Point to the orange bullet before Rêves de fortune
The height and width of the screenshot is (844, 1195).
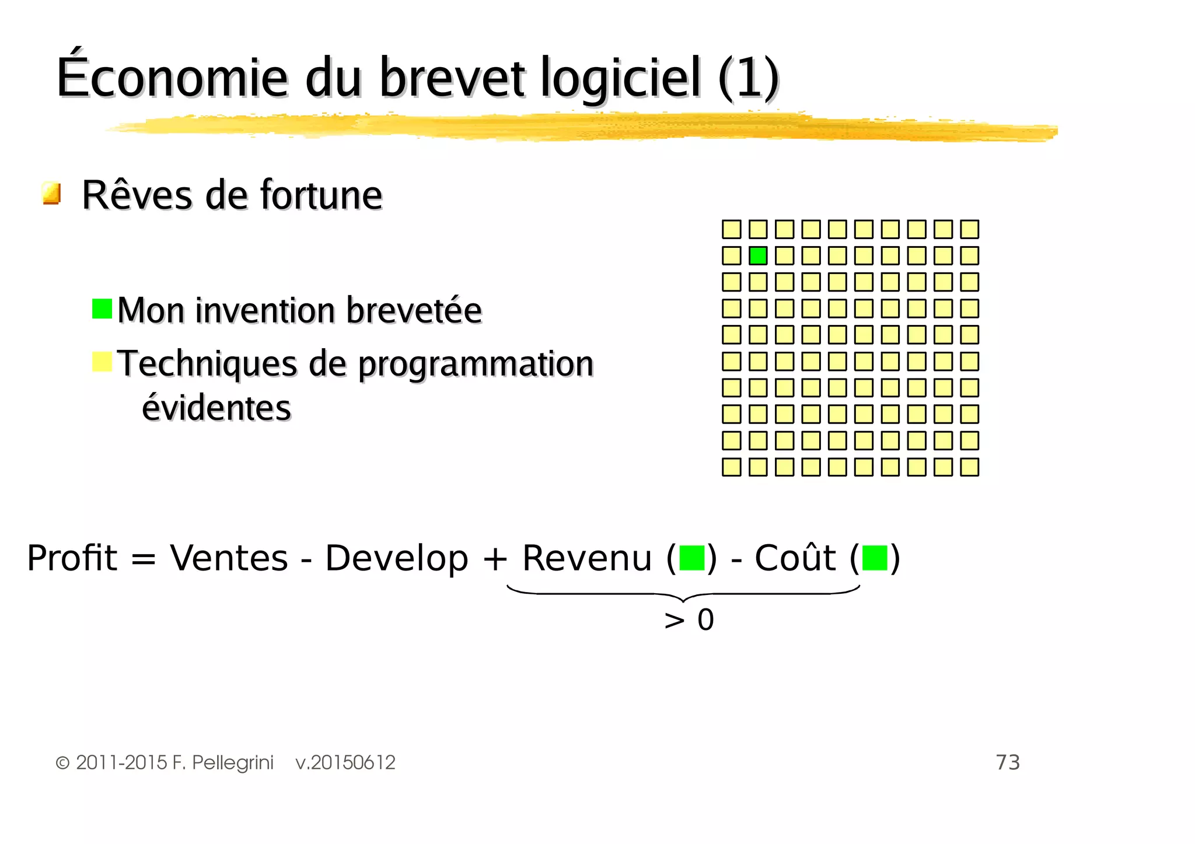[51, 193]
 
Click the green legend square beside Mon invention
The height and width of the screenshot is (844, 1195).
[102, 309]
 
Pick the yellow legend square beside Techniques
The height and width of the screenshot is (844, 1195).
[102, 362]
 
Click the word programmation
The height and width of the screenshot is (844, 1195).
[476, 364]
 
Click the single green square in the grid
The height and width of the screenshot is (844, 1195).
[757, 255]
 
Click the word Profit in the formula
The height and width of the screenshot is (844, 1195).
[72, 558]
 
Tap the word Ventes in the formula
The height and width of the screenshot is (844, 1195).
[229, 558]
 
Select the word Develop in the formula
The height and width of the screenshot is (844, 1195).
[396, 558]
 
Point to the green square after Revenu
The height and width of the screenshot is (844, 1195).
[692, 558]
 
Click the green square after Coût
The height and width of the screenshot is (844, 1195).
[874, 558]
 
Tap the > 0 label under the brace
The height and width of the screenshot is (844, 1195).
[689, 619]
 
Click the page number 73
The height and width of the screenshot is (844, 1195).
[1007, 762]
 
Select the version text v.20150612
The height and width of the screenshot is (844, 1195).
[345, 762]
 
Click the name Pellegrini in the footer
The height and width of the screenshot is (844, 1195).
[232, 762]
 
